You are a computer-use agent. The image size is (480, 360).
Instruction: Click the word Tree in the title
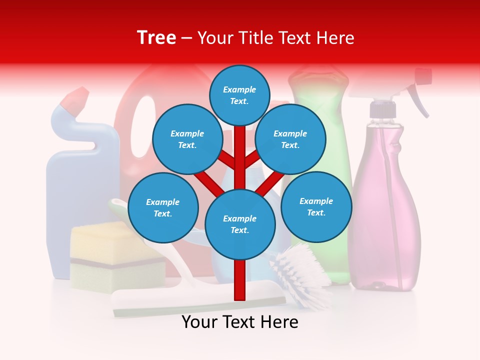click(x=156, y=38)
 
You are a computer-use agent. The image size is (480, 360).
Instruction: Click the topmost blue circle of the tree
click(x=239, y=95)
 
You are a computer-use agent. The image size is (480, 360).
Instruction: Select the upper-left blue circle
click(x=187, y=139)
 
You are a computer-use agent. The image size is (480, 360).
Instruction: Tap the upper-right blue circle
click(x=290, y=139)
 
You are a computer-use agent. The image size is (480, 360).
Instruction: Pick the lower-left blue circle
click(x=162, y=208)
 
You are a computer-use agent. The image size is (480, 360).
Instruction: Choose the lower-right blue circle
click(x=316, y=206)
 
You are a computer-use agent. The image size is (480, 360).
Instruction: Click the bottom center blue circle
click(x=239, y=224)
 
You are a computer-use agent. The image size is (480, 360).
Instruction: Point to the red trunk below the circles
click(x=239, y=280)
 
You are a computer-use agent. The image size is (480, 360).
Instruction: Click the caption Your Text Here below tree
click(x=239, y=322)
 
